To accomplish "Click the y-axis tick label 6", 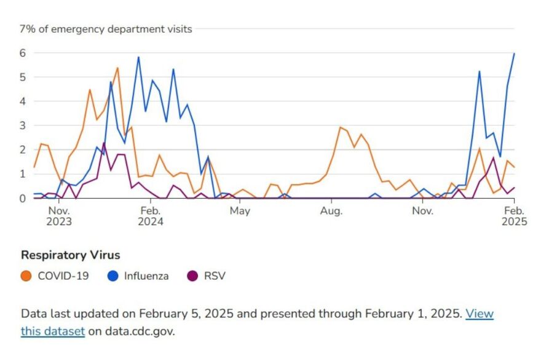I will coord(23,53).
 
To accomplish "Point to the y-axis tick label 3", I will coord(23,125).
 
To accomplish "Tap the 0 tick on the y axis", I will coord(23,198).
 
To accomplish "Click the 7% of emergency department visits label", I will coord(106,29).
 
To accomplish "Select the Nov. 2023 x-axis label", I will coord(58,216).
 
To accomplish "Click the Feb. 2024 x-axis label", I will coord(150,216).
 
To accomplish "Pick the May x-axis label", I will coord(239,211).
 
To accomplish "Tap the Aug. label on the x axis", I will coord(331,211).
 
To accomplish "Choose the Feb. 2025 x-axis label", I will coord(514,216).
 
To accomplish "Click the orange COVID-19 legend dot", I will coord(26,276).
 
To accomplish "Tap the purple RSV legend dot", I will coord(192,276).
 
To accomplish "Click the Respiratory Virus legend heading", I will coord(70,255).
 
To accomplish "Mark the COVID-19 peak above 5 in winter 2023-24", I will coord(117,68).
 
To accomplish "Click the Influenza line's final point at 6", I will coord(514,54).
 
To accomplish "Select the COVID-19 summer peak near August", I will coord(340,127).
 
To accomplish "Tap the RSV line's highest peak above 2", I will coord(104,143).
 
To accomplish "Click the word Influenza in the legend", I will coord(146,276).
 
